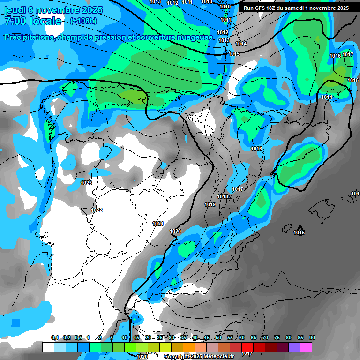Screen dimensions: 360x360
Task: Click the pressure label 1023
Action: tap(86, 183)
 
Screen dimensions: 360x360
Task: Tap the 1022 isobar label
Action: tap(97, 210)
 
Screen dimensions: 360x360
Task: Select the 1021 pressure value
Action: tap(158, 224)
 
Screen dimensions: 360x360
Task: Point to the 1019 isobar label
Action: tap(210, 204)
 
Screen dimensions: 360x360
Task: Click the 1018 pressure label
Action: tap(223, 196)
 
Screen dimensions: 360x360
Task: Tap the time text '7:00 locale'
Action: tap(33, 22)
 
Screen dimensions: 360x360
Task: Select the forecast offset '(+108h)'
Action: tap(83, 22)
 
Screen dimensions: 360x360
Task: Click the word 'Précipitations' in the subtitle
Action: tap(28, 37)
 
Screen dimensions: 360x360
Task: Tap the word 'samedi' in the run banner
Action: tap(292, 8)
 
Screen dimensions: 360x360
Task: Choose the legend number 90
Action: tap(312, 338)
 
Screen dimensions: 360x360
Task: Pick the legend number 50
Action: tap(218, 338)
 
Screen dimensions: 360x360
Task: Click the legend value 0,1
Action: tap(55, 338)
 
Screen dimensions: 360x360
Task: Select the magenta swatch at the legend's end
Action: tap(306, 347)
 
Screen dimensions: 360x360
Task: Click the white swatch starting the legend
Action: tap(48, 347)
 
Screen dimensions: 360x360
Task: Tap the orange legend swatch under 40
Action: tap(189, 347)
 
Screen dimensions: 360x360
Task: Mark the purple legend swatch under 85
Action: tap(294, 347)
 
